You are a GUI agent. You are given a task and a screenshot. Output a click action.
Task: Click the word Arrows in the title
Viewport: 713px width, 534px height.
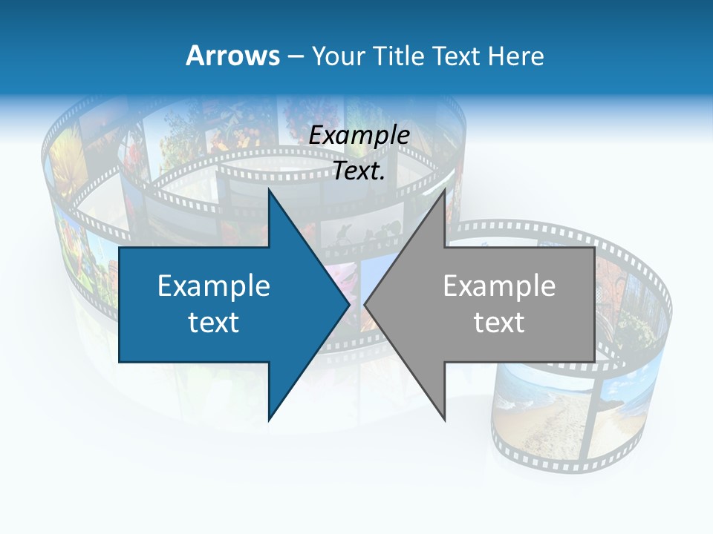pos(232,56)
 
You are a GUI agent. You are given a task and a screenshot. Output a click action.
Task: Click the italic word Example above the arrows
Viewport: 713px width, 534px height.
pos(359,136)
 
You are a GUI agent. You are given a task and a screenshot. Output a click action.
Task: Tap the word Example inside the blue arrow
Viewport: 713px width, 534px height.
pos(214,286)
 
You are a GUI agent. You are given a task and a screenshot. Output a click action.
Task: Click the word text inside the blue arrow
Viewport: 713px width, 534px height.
pos(214,323)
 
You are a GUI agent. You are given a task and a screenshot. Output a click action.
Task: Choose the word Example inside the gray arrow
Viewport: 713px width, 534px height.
pos(499,286)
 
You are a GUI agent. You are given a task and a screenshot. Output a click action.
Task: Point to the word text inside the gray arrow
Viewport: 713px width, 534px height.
pos(499,323)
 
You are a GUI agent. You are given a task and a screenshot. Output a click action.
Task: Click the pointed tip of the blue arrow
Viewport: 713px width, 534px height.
pos(348,304)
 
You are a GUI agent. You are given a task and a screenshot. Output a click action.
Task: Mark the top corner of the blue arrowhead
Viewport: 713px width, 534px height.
pos(269,191)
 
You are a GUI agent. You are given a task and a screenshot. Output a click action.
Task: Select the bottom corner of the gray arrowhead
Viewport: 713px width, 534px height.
pos(444,419)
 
